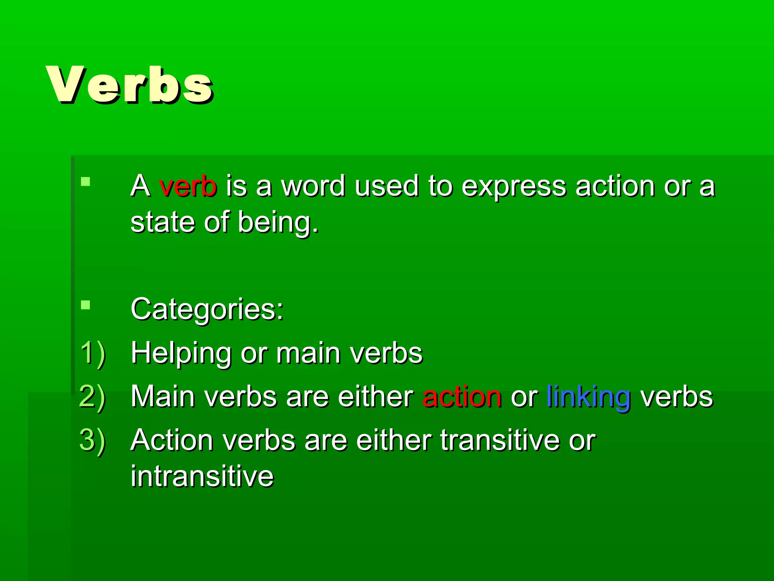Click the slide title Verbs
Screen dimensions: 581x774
[129, 85]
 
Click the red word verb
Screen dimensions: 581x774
[188, 186]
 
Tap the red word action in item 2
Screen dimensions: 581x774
[462, 397]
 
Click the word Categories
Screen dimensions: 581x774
[206, 309]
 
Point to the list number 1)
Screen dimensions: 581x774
[93, 353]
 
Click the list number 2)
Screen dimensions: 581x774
[93, 397]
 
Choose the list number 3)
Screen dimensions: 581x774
[93, 441]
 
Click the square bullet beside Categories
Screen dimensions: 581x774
[86, 305]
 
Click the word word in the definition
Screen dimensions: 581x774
[313, 186]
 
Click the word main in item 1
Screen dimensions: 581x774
[308, 353]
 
